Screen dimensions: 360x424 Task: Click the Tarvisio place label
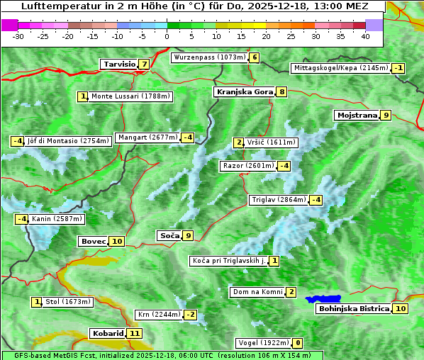[x=119, y=64]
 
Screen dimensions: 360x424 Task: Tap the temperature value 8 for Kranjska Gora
[x=281, y=91]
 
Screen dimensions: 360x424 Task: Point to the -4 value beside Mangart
[x=187, y=137]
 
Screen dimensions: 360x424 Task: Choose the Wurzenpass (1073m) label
[x=210, y=57]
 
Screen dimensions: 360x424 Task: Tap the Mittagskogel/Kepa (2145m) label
[x=341, y=68]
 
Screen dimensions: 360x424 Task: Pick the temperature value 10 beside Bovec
[x=117, y=241]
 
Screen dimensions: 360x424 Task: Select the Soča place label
[x=169, y=235]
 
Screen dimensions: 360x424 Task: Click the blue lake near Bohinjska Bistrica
[x=323, y=299]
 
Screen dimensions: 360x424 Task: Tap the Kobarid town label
[x=108, y=333]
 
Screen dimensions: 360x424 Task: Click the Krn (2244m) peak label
[x=159, y=315]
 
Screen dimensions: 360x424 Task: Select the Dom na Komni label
[x=257, y=292]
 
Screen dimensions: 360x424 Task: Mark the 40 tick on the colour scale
[x=365, y=35]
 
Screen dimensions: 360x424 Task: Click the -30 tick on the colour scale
[x=18, y=35]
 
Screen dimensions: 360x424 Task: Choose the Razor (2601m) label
[x=247, y=166]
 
